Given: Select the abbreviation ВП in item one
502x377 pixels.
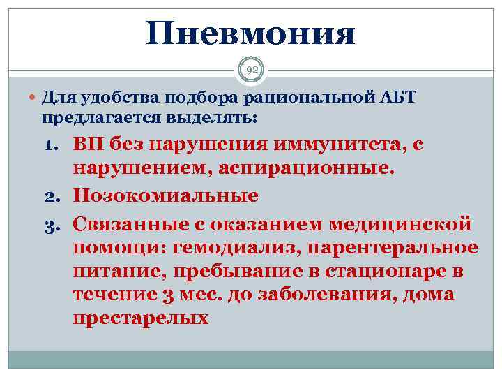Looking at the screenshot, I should (x=86, y=145).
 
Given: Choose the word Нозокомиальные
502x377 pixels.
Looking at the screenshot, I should (x=165, y=196).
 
